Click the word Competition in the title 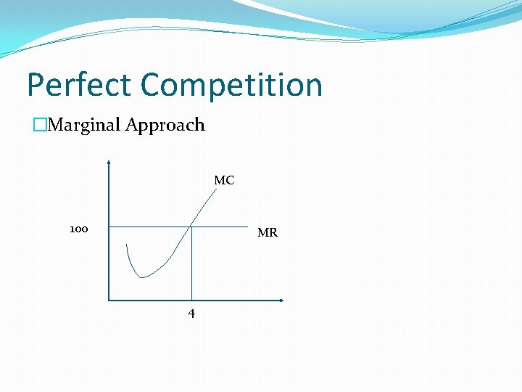pos(231,85)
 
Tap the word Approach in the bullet pos(165,125)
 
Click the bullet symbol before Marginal pos(38,125)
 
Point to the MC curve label pos(224,180)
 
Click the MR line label pos(268,233)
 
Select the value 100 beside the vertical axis pos(79,229)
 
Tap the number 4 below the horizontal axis pos(191,314)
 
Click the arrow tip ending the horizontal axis pos(282,300)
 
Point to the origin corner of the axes pos(108,300)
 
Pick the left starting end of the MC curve pos(126,245)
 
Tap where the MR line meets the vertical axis pos(108,226)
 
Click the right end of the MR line pos(247,226)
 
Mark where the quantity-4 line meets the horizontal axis pos(191,300)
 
